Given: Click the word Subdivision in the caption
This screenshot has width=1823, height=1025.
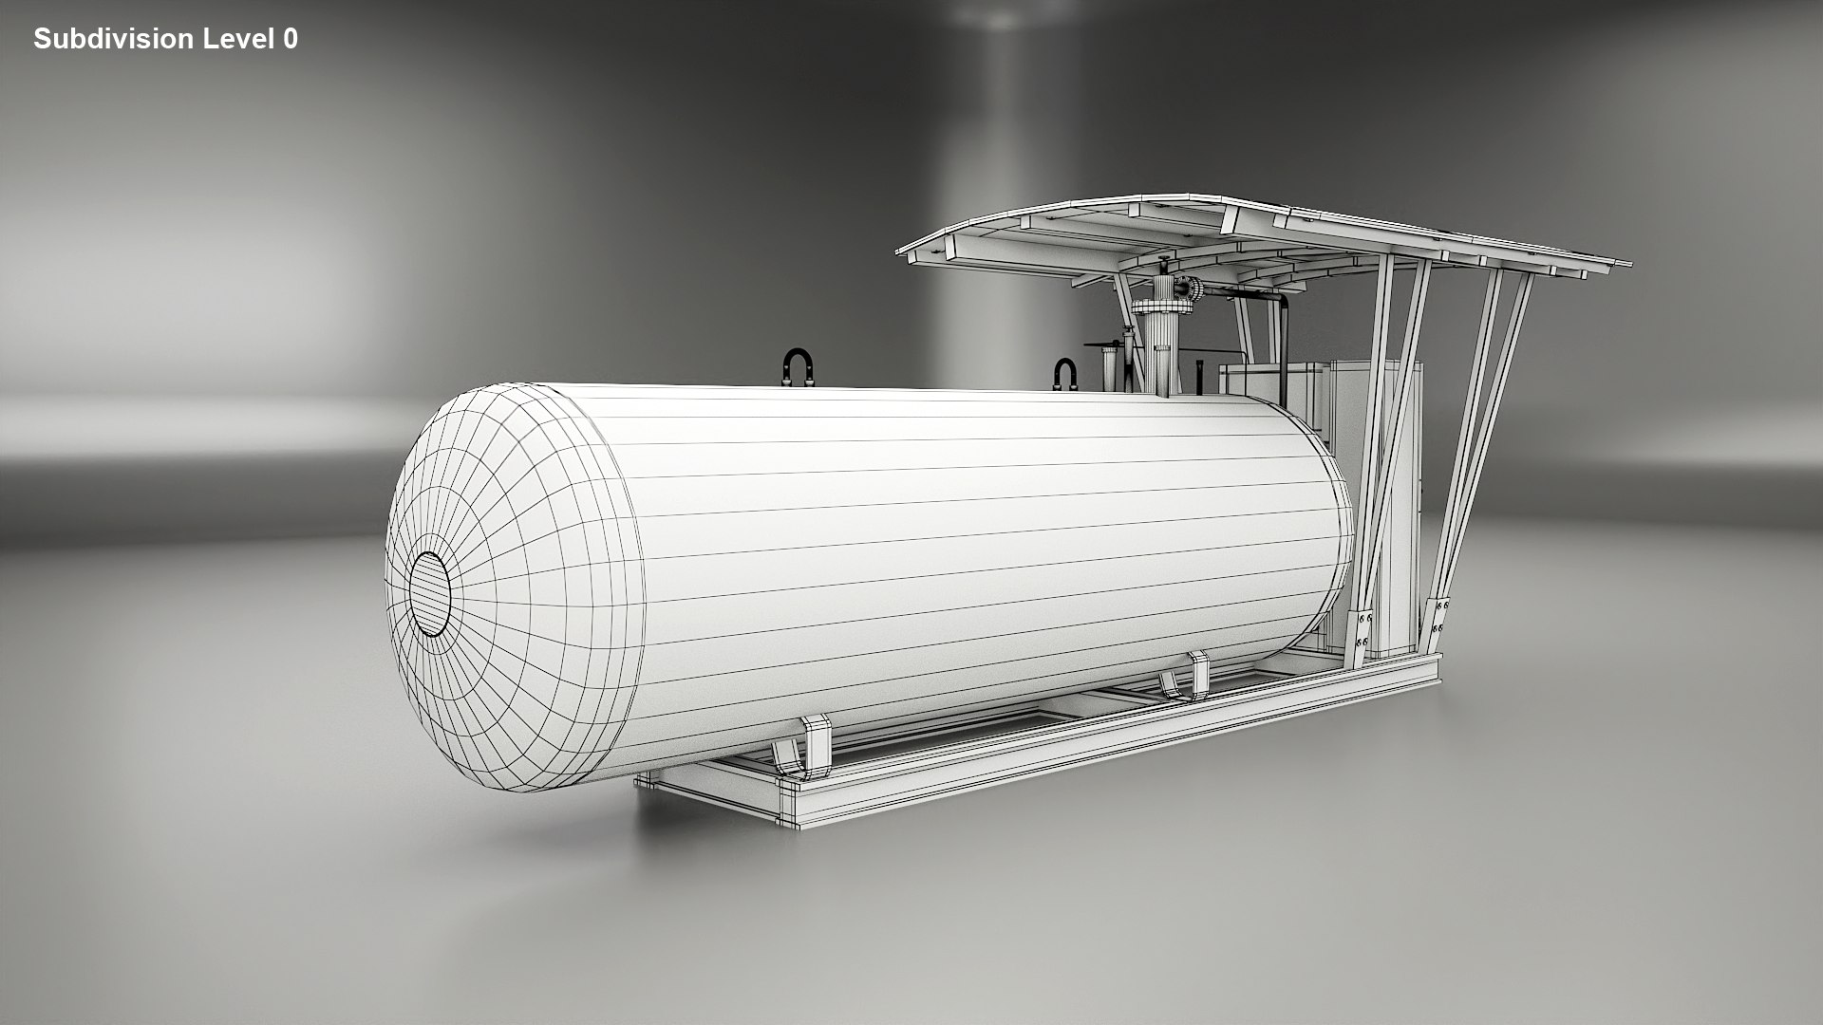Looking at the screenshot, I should point(113,39).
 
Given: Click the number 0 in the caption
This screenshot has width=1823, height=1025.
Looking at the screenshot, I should point(290,39).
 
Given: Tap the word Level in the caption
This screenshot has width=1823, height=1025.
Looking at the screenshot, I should point(237,39).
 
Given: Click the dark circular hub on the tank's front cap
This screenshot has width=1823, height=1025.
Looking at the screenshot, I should point(430,593).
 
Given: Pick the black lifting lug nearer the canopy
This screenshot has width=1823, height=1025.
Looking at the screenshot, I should point(1065,373).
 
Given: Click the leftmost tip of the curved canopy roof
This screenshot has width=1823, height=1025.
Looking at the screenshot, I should point(900,251).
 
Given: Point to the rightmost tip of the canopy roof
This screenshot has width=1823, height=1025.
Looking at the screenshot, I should point(1626,262).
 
